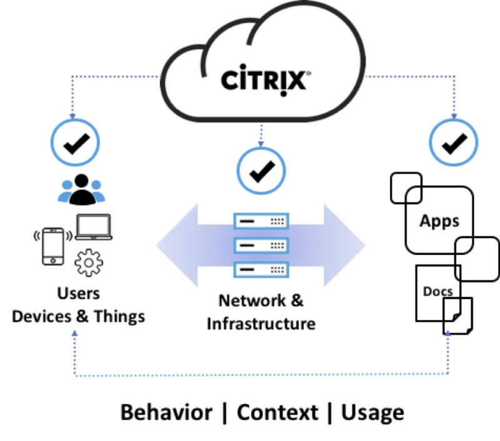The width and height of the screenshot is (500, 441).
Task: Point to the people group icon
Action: click(x=79, y=189)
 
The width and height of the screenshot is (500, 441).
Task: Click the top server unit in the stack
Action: click(x=261, y=222)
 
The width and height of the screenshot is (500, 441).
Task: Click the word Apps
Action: click(x=439, y=220)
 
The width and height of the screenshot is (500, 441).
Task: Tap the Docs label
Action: click(x=437, y=291)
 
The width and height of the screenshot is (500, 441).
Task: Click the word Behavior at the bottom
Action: click(x=166, y=413)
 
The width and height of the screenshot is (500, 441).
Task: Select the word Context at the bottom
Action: click(x=277, y=413)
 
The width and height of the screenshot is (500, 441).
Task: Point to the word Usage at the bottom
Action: click(x=372, y=413)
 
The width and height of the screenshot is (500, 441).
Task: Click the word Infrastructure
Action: click(x=261, y=324)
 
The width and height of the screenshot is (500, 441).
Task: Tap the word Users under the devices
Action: click(x=78, y=294)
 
